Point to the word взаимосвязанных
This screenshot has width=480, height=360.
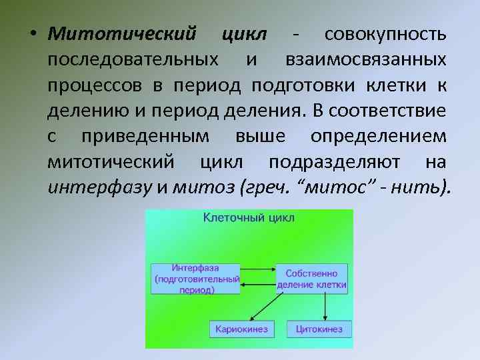point(367,60)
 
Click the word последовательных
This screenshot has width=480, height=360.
point(132,60)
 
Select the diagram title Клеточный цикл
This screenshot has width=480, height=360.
point(249,217)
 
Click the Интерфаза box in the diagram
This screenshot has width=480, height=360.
point(196,278)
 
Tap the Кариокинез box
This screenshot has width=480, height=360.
point(241,329)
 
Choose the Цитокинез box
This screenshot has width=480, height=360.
point(316,329)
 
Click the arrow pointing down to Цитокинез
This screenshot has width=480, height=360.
point(325,307)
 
